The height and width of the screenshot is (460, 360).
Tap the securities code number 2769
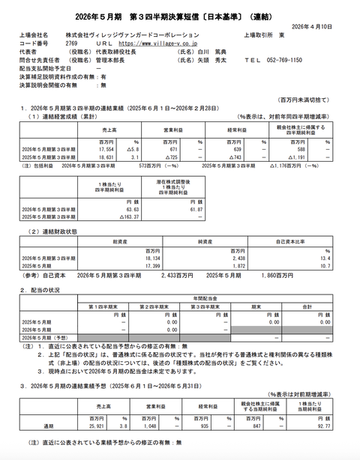pos(72,43)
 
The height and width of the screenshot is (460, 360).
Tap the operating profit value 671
pos(170,148)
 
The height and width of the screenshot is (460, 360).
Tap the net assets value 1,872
pos(226,266)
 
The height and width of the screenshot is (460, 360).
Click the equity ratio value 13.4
pos(326,258)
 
